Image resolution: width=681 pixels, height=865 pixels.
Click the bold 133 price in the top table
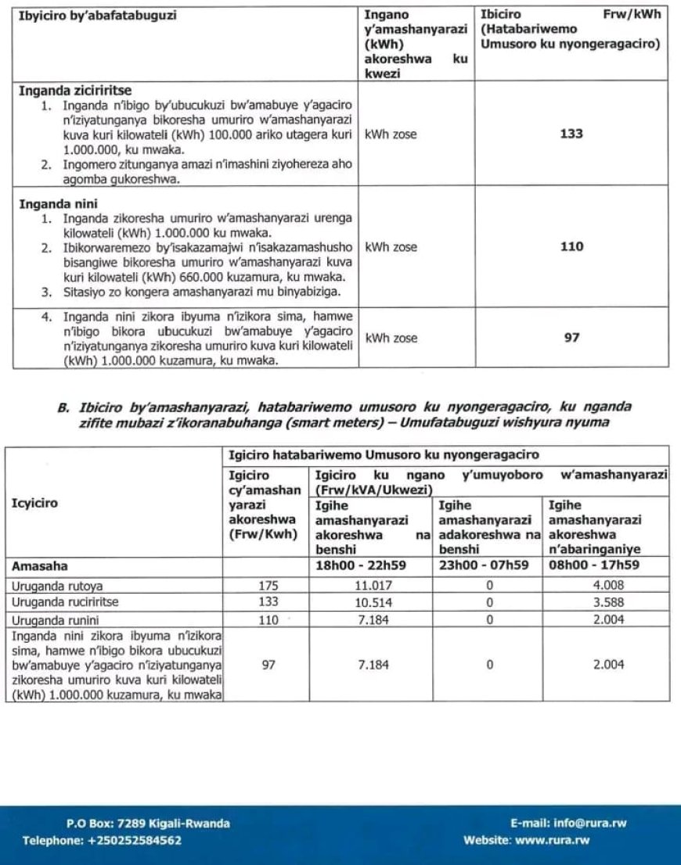(571, 135)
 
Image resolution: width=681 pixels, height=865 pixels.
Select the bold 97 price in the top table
(571, 338)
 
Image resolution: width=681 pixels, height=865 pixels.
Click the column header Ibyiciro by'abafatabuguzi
(97, 15)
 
